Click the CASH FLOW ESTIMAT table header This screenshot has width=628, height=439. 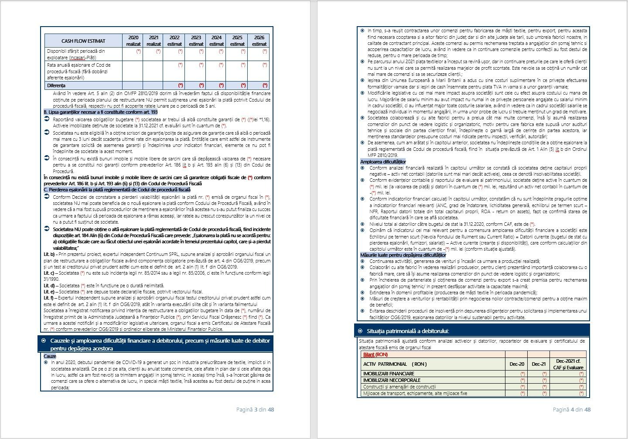[83, 41]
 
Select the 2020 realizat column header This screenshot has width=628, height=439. [133, 41]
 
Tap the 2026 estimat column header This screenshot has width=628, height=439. [259, 41]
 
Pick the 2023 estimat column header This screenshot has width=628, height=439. [196, 41]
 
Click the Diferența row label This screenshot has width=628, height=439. [56, 85]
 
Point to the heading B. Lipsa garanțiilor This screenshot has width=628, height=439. [101, 112]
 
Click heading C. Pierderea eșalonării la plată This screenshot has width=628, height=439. [117, 190]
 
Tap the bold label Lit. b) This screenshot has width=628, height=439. [49, 254]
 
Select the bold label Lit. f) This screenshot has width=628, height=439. [49, 298]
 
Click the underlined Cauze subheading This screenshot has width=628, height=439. [50, 356]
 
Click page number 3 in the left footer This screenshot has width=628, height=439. [256, 409]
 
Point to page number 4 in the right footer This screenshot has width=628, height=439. [572, 409]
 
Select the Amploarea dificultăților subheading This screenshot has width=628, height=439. [382, 162]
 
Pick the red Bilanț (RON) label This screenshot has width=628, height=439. [375, 354]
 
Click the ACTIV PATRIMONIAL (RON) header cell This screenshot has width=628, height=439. [395, 364]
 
